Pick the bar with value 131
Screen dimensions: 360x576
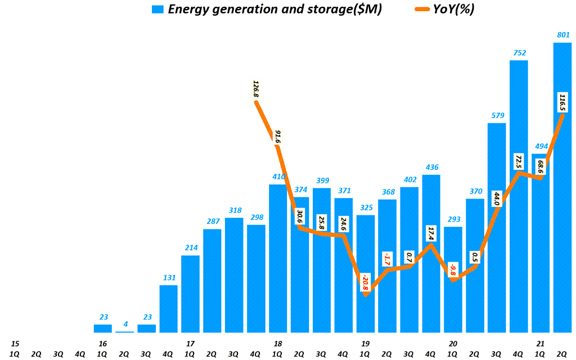(x=168, y=309)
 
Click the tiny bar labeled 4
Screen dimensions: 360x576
(x=124, y=332)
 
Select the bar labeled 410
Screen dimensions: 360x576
(x=278, y=258)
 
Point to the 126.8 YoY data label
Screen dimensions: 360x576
(x=256, y=89)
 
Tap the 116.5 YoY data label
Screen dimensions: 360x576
(x=562, y=102)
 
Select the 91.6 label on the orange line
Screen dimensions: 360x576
(x=278, y=138)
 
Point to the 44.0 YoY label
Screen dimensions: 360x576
(x=497, y=199)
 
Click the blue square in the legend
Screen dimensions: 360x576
(x=157, y=9)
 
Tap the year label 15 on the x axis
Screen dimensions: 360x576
(x=15, y=343)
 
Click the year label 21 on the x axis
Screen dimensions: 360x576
(x=541, y=343)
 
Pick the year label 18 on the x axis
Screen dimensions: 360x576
(x=278, y=343)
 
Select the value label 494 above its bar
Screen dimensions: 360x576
(x=541, y=146)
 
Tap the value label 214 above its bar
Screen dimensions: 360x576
(x=190, y=248)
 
